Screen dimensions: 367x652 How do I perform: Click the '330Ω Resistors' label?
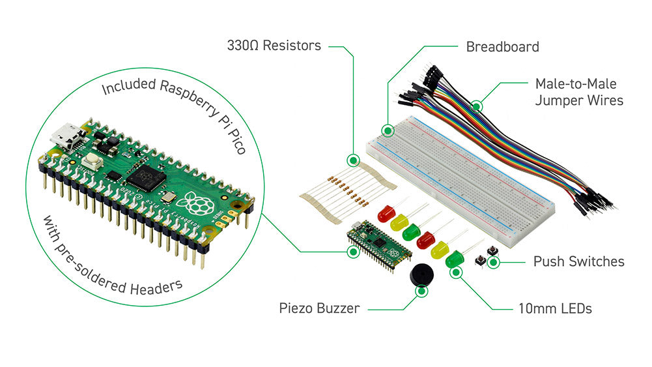274,46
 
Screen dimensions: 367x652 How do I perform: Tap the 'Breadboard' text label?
502,46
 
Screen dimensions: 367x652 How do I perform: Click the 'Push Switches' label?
578,261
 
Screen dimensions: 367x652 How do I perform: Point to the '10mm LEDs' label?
554,308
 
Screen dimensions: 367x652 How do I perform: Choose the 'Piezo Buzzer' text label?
319,308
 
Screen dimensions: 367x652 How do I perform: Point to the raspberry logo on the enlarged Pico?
199,203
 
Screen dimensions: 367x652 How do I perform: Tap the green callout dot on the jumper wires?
476,104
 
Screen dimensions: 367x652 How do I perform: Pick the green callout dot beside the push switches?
494,263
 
